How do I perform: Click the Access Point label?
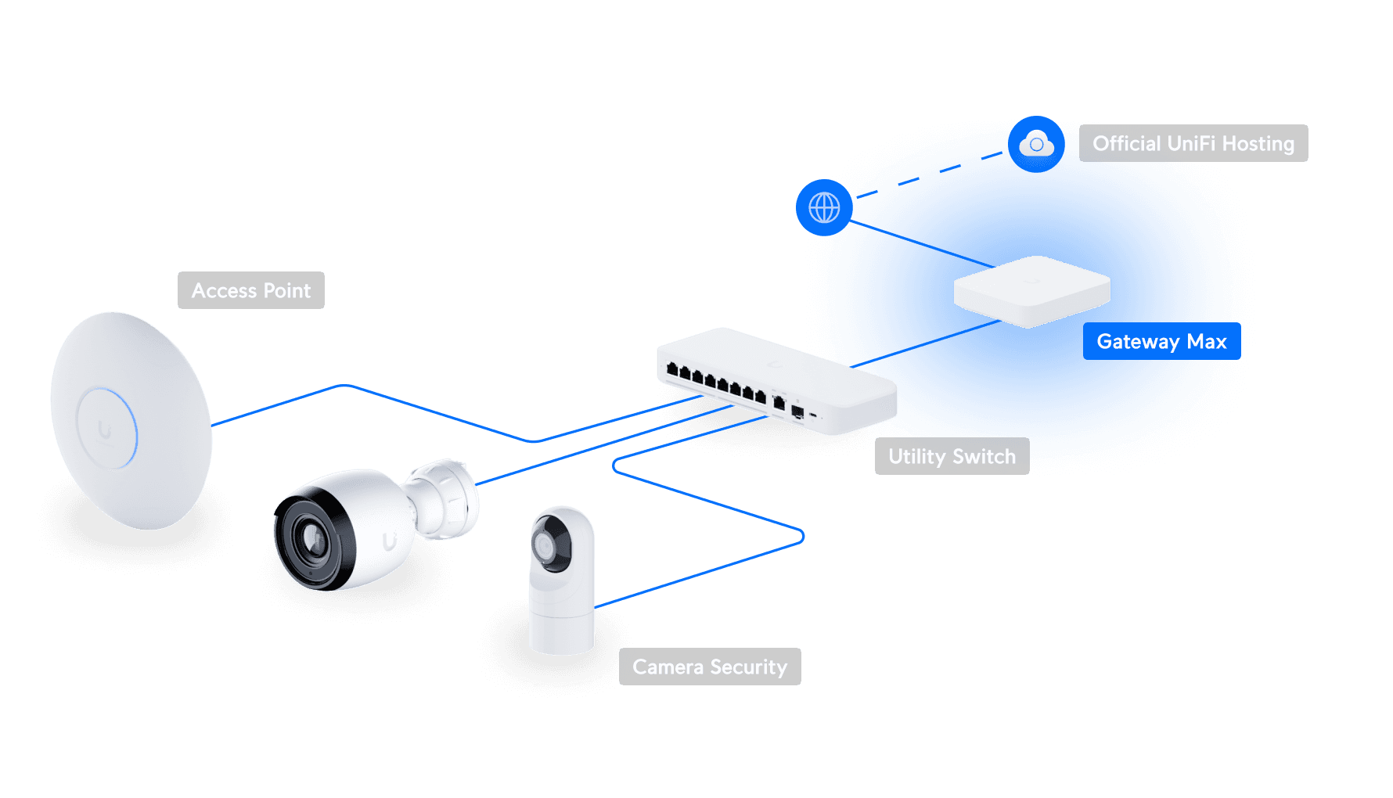point(251,290)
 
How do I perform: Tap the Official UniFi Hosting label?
point(1193,143)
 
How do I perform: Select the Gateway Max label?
point(1161,341)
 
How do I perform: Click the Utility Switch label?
point(952,456)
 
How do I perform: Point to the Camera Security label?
point(710,667)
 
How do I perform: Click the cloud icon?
point(1036,144)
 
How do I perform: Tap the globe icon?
point(824,207)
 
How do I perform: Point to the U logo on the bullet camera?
point(389,541)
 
